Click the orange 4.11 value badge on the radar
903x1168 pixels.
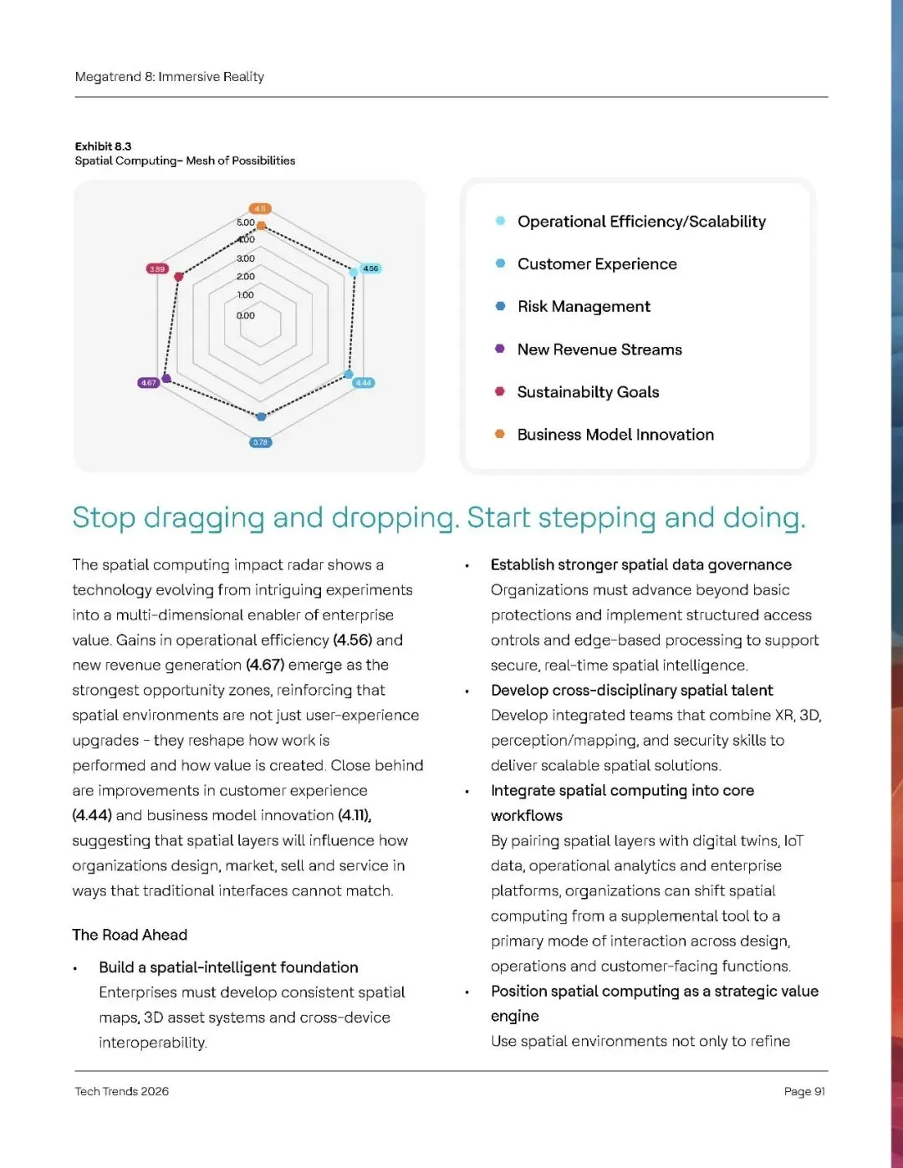[x=260, y=209]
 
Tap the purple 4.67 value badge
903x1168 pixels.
[x=148, y=383]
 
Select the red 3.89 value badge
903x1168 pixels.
[x=157, y=269]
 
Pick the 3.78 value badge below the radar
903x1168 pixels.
[x=261, y=442]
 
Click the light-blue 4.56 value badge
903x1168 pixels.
[x=370, y=269]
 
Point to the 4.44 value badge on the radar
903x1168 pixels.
[x=364, y=383]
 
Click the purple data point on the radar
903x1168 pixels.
[x=166, y=378]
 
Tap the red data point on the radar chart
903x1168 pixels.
[x=178, y=277]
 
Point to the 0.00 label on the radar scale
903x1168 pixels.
[x=245, y=316]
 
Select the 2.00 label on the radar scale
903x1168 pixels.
[x=245, y=277]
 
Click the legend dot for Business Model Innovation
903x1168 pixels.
[x=500, y=434]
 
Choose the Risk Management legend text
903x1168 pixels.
[x=584, y=307]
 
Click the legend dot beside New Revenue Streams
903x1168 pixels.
[x=500, y=349]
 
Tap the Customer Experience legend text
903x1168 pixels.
[x=597, y=264]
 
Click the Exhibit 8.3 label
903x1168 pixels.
[x=103, y=146]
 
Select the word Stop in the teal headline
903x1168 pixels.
[x=104, y=518]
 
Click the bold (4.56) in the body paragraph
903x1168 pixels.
[x=352, y=640]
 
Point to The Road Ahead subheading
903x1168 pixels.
[x=130, y=935]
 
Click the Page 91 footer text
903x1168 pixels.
[x=804, y=1091]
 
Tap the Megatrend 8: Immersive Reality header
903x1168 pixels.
[x=170, y=77]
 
